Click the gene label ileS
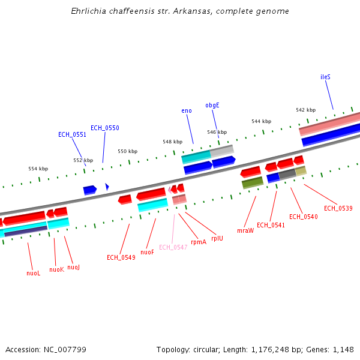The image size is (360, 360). click(x=325, y=77)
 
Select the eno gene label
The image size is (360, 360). click(x=187, y=110)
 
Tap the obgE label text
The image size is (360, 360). click(x=212, y=105)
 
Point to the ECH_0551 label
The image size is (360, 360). click(x=72, y=134)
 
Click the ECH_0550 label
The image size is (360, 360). click(x=105, y=128)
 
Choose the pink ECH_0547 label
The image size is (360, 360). click(x=173, y=247)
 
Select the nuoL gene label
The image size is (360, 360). click(x=34, y=273)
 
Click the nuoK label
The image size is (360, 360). click(x=56, y=269)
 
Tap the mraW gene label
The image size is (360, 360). click(x=245, y=230)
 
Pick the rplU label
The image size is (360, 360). click(x=217, y=238)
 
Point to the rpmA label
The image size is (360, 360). click(x=199, y=242)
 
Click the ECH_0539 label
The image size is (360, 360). click(x=338, y=208)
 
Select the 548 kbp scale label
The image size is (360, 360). click(x=172, y=142)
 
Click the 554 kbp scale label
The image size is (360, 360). click(x=38, y=169)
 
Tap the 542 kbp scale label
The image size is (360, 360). click(x=305, y=110)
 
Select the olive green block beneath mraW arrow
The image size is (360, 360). click(x=253, y=182)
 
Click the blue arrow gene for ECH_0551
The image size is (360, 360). click(x=90, y=190)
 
